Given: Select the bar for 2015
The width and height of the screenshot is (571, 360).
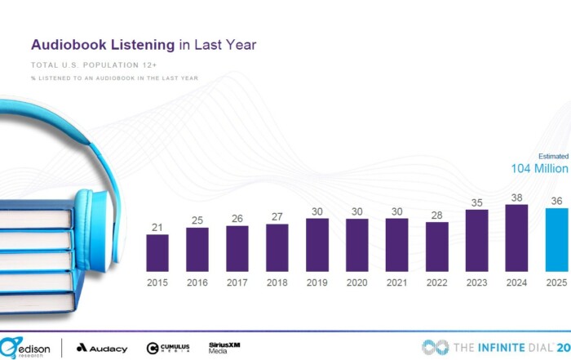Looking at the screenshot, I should (157, 253).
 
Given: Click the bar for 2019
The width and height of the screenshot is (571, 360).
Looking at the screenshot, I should (317, 245).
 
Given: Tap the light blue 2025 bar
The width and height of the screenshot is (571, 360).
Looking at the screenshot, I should (557, 241).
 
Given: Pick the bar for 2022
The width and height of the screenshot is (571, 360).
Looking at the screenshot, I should (437, 247).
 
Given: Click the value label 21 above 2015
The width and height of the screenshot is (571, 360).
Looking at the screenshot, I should (157, 228).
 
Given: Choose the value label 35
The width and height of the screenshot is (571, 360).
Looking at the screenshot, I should (477, 202).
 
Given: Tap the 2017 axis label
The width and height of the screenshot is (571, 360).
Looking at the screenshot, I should (237, 282).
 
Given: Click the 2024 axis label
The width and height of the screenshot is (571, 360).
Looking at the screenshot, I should (517, 282).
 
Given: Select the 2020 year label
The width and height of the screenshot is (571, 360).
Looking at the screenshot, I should (357, 282).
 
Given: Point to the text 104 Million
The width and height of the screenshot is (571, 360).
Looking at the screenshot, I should (539, 168).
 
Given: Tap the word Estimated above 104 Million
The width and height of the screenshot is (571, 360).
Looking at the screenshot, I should (552, 156).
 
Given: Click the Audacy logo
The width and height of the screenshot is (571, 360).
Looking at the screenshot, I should (102, 348).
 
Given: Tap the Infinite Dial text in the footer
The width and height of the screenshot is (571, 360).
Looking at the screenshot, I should (498, 347).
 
